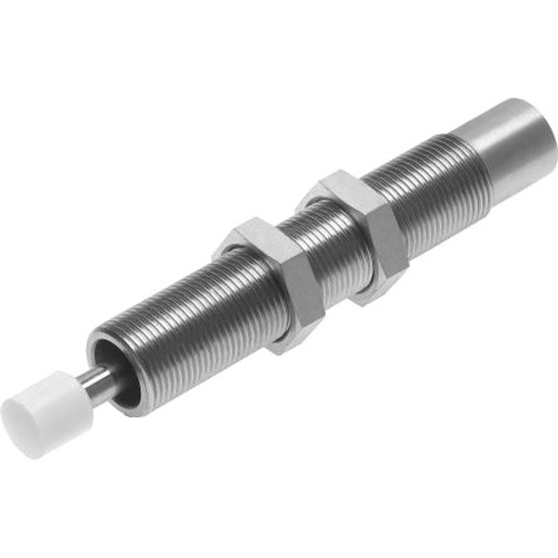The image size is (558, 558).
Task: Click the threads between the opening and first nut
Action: point(188,328)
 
